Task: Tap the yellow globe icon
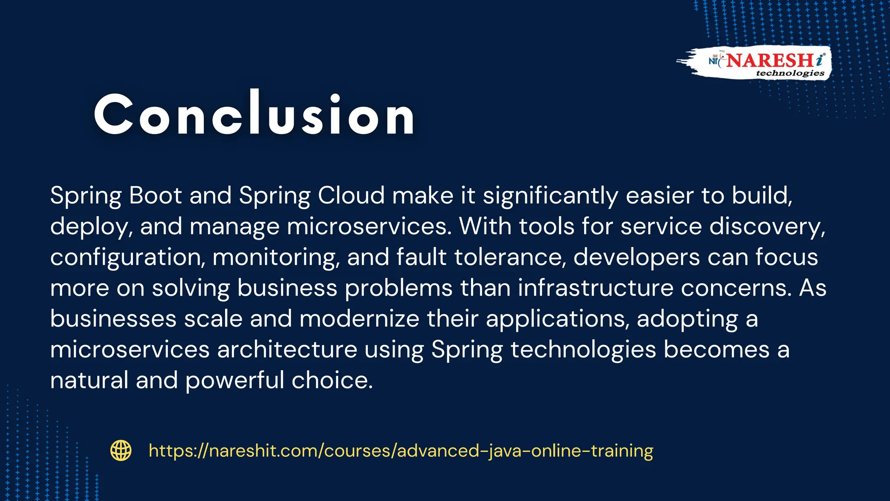pyautogui.click(x=121, y=451)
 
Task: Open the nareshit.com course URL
pyautogui.click(x=401, y=451)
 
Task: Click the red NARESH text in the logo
pyautogui.click(x=770, y=60)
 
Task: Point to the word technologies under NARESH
pyautogui.click(x=790, y=73)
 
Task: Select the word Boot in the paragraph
pyautogui.click(x=155, y=195)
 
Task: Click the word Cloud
pyautogui.click(x=351, y=195)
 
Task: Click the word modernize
pyautogui.click(x=359, y=319)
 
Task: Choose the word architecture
pyautogui.click(x=287, y=350)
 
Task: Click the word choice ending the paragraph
pyautogui.click(x=332, y=381)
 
